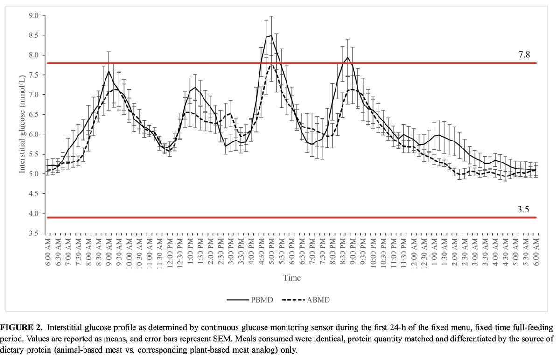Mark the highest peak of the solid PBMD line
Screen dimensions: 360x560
(x=271, y=35)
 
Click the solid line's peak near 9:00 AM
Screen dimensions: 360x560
(x=109, y=71)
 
